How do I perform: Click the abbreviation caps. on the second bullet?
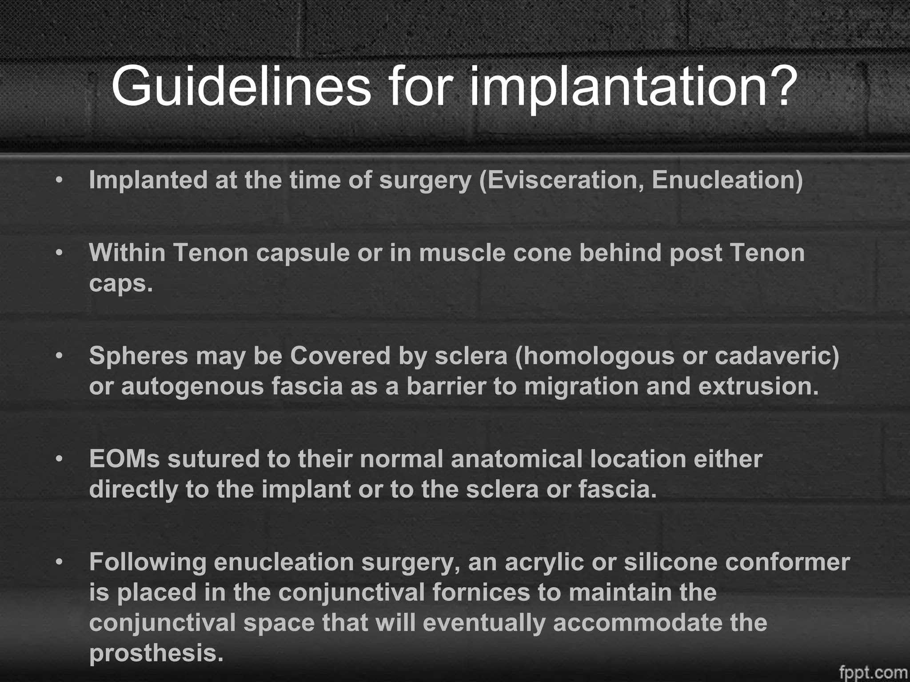[120, 283]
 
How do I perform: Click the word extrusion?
[758, 386]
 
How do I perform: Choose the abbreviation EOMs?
[124, 459]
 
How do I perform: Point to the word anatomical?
[516, 459]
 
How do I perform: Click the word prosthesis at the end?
[156, 653]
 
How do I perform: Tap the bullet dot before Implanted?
[59, 181]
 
